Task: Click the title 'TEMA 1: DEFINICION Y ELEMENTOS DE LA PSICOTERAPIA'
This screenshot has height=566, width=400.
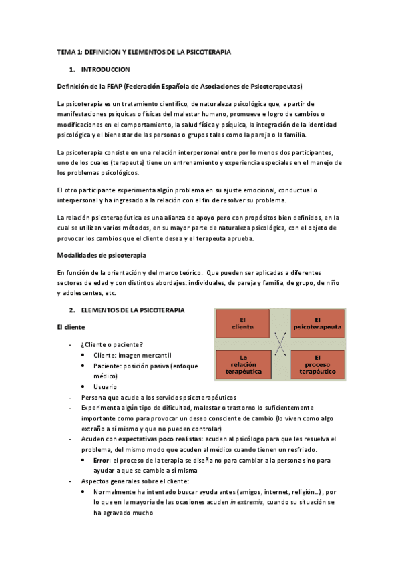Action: [144, 52]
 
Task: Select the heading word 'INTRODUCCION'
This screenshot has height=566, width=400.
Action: [105, 69]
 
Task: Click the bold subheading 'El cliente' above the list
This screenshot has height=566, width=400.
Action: [70, 327]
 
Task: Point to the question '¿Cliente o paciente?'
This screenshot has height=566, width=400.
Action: [112, 344]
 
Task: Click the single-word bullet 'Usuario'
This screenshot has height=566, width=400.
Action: [106, 387]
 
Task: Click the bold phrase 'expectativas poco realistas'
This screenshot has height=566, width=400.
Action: [148, 439]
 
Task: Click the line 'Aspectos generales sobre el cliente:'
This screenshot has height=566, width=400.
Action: [134, 481]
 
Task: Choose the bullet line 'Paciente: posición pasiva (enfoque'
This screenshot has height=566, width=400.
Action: [142, 366]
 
